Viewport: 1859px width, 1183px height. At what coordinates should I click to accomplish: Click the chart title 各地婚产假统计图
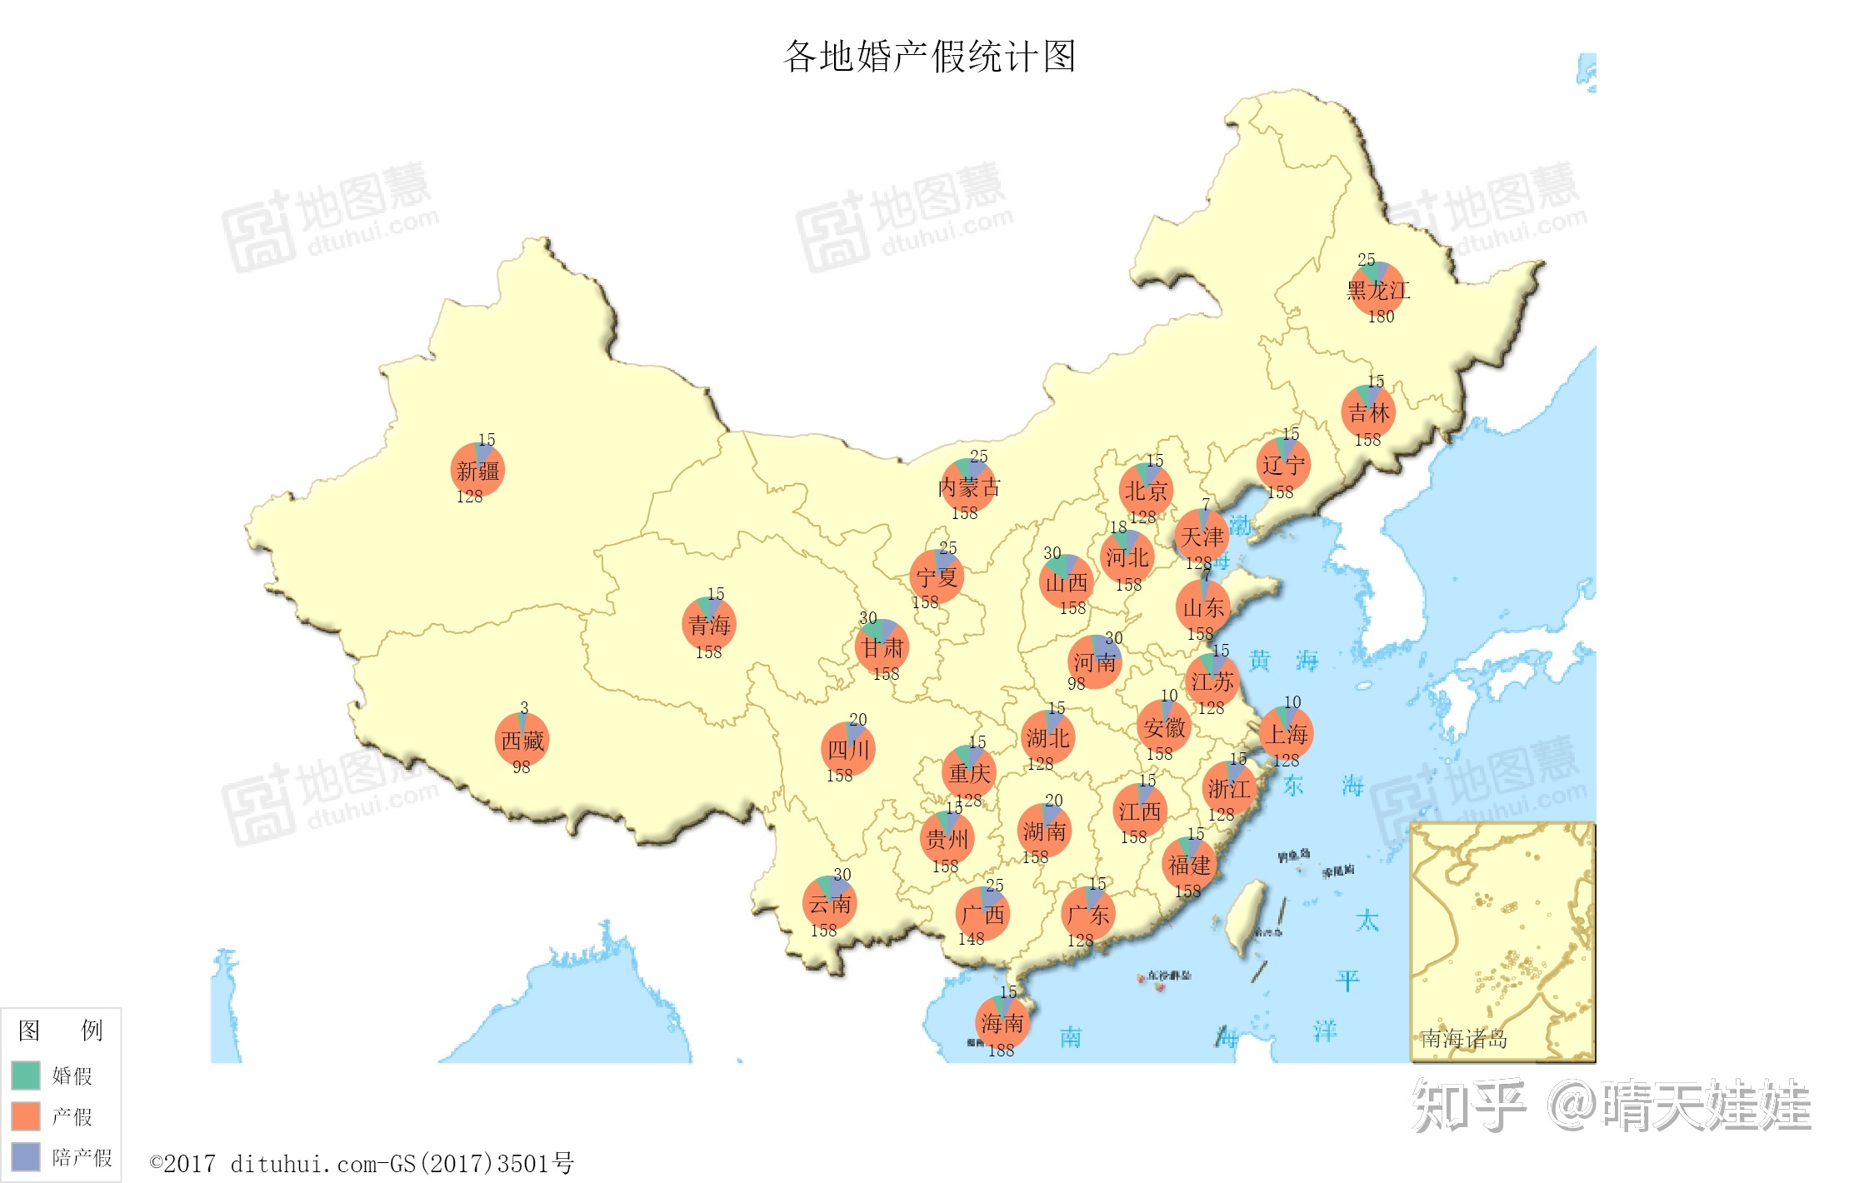pos(929,57)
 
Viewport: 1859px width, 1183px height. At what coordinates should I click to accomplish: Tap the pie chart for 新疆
pos(477,470)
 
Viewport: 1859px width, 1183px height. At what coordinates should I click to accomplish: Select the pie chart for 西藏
pos(522,740)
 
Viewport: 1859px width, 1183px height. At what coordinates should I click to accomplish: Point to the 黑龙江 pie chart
pos(1377,289)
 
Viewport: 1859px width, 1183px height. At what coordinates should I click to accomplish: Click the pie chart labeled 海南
pos(1002,1022)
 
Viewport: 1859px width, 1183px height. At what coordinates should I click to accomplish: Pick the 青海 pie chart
pos(709,624)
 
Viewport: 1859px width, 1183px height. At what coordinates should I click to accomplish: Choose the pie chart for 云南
pos(830,903)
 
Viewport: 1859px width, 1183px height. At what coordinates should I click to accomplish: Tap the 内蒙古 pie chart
pos(968,486)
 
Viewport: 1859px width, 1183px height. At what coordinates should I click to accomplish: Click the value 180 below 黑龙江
pos(1381,317)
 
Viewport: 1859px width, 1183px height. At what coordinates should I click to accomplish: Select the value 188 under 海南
pos(1001,1051)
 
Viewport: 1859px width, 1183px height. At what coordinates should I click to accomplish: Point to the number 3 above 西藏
pos(524,707)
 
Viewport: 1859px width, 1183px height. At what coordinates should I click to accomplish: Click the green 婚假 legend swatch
pos(26,1075)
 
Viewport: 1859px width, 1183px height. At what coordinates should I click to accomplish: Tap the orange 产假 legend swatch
pos(26,1116)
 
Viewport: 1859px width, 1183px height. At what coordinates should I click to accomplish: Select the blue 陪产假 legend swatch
pos(26,1156)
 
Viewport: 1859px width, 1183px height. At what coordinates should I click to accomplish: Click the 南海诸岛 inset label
pos(1463,1039)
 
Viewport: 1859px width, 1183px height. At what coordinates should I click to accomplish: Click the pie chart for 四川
pos(848,749)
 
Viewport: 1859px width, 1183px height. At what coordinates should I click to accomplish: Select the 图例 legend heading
pos(61,1031)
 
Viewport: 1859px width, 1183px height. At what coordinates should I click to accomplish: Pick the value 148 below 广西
pos(971,939)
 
